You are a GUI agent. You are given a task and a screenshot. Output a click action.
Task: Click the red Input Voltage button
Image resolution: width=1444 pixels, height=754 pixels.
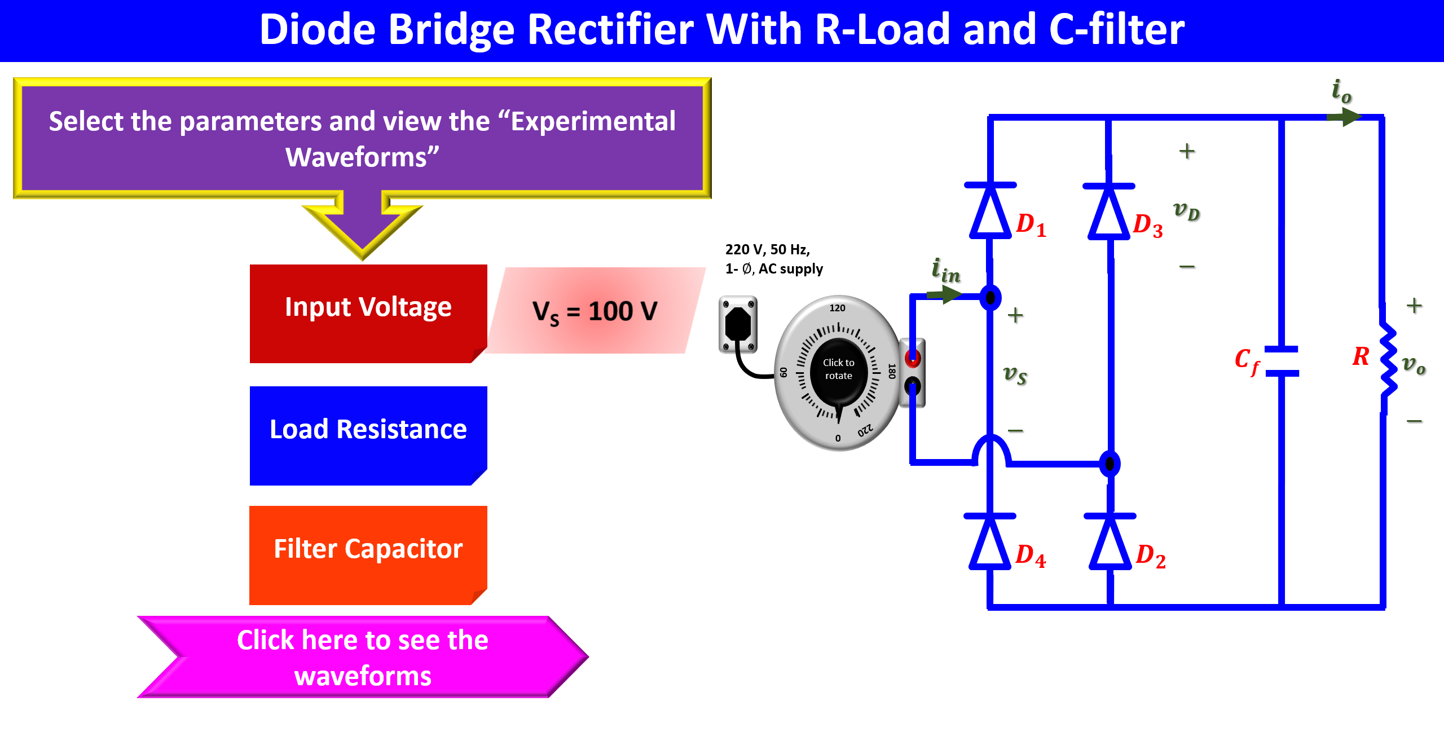pos(368,313)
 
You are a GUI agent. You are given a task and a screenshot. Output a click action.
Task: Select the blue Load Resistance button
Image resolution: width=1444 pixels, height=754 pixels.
pos(368,435)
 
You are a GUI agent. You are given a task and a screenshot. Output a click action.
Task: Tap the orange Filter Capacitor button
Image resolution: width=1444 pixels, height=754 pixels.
pos(368,554)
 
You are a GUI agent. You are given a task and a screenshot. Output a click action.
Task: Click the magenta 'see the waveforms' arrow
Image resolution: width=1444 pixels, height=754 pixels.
pos(362,657)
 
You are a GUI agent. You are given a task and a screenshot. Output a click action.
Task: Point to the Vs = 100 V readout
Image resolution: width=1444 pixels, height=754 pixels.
pos(595,311)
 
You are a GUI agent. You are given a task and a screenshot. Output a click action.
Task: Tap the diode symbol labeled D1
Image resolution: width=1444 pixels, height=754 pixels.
pos(990,211)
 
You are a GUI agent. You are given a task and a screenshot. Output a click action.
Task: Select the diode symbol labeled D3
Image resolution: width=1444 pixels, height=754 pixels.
pos(1109,213)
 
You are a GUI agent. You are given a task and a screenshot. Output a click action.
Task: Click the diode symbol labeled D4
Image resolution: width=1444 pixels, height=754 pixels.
pos(990,543)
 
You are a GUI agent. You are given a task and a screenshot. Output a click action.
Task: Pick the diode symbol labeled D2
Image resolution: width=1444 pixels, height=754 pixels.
pos(1110,543)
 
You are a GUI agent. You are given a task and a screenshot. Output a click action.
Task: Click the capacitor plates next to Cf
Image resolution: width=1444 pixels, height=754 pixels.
pos(1282,361)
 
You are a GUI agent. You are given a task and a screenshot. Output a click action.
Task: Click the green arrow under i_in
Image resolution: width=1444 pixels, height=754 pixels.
pos(944,294)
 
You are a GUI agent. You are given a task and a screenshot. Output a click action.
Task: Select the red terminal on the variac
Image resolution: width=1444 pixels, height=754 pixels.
pos(912,358)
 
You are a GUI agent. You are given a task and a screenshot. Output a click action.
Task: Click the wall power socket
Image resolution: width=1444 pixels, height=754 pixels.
pos(738,324)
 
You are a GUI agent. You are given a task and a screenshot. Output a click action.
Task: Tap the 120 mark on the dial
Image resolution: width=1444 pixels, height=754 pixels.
pos(837,308)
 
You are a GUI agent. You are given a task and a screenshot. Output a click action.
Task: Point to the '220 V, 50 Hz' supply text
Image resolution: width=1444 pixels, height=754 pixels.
pos(768,249)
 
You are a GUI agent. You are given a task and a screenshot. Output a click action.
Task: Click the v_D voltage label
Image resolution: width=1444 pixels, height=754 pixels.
pos(1186,211)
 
